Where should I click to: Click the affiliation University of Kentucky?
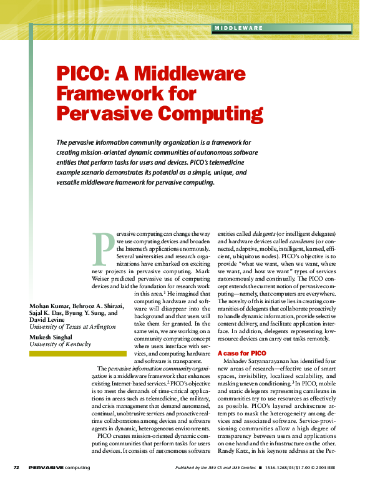tap(61, 344)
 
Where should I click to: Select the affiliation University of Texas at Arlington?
tap(72, 327)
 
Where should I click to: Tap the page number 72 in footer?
tap(17, 467)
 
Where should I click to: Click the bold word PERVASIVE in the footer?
tap(46, 467)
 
